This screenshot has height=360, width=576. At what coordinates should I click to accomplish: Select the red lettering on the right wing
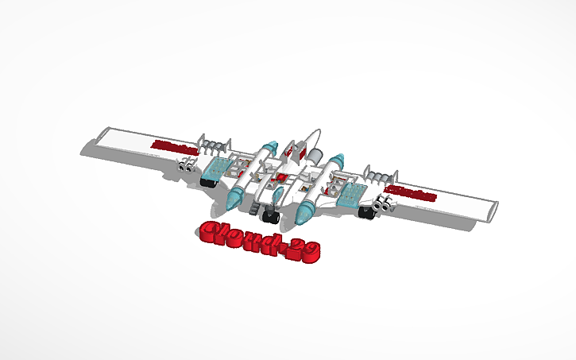point(410,193)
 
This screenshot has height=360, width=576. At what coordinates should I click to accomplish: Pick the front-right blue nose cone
point(305,211)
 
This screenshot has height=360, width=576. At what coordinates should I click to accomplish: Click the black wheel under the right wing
point(367,211)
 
